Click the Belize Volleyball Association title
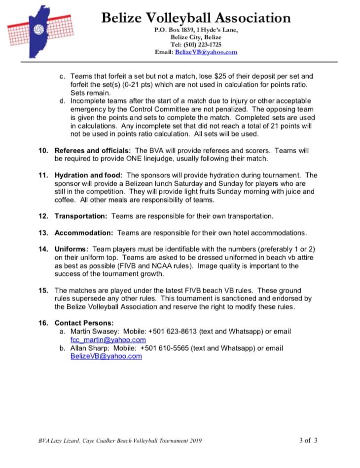click(x=196, y=18)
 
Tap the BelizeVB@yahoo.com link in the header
click(x=206, y=52)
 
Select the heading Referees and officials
click(x=93, y=150)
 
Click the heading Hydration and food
click(x=89, y=175)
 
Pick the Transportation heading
click(x=80, y=216)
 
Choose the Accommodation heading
click(x=84, y=233)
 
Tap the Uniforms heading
click(x=72, y=249)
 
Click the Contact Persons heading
click(x=84, y=323)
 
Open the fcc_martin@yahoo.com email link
click(x=108, y=339)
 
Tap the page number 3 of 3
click(x=308, y=440)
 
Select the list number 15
click(x=43, y=290)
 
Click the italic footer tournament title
click(x=120, y=440)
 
